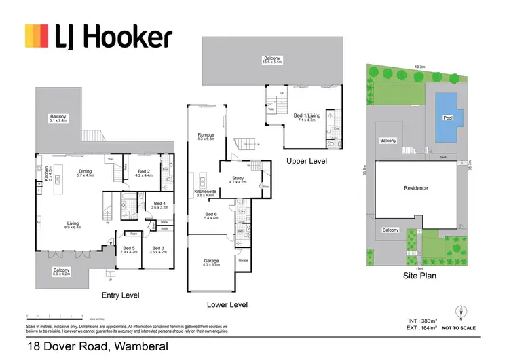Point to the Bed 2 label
pyautogui.click(x=143, y=173)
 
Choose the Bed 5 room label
pyautogui.click(x=128, y=250)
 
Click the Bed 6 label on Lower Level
pyautogui.click(x=211, y=216)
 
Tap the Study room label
pyautogui.click(x=237, y=180)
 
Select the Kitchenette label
pyautogui.click(x=206, y=193)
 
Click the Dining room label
pyautogui.click(x=85, y=173)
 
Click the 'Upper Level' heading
pyautogui.click(x=307, y=162)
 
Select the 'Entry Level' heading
pyautogui.click(x=120, y=295)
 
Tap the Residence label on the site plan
pyautogui.click(x=415, y=188)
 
